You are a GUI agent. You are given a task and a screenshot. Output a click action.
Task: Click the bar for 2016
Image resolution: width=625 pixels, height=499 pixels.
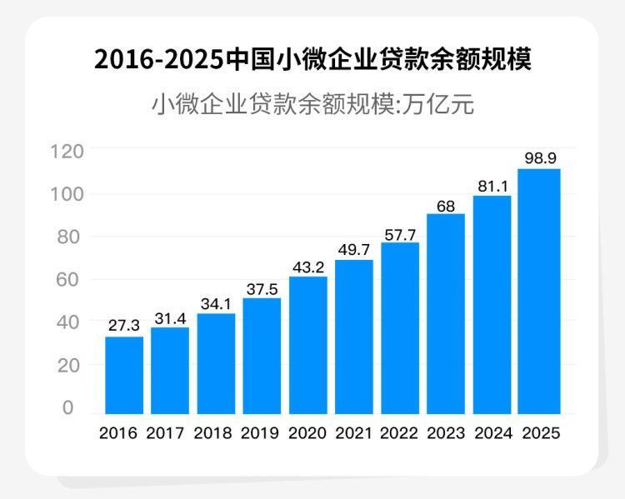tap(123, 375)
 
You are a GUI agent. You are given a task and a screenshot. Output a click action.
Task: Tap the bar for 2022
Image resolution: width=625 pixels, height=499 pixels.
tap(400, 328)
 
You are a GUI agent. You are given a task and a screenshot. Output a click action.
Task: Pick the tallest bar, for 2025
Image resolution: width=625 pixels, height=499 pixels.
tap(538, 291)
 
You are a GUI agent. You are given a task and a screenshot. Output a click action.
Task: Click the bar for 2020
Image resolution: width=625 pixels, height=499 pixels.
tap(308, 345)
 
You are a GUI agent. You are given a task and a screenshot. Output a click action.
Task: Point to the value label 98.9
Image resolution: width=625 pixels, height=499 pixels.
tap(539, 157)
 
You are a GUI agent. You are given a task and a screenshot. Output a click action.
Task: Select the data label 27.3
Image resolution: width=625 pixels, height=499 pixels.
tap(124, 325)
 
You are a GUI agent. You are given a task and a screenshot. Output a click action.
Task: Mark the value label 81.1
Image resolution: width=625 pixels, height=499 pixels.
tap(492, 184)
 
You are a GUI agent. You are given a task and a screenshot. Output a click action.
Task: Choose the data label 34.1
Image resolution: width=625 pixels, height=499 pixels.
tap(216, 302)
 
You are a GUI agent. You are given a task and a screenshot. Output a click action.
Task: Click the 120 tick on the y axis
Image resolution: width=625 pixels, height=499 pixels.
tap(67, 152)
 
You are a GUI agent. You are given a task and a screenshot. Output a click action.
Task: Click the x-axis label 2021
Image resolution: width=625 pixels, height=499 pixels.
tap(354, 434)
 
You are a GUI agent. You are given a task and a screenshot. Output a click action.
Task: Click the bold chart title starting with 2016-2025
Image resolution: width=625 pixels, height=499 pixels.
tap(312, 60)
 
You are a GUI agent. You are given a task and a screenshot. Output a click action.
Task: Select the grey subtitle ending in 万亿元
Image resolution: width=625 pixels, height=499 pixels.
tap(312, 106)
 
